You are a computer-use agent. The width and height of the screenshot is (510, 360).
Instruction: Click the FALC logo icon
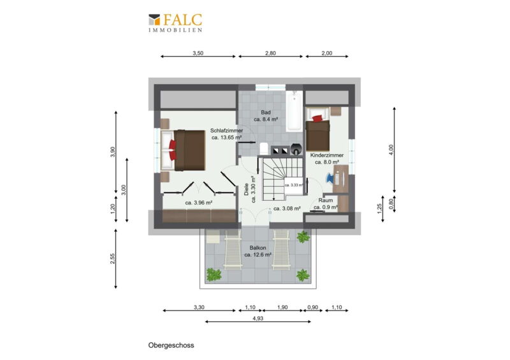[x=154, y=20]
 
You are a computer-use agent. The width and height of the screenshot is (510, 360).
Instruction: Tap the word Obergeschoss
[x=171, y=345]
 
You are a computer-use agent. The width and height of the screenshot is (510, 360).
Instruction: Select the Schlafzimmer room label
[x=226, y=131]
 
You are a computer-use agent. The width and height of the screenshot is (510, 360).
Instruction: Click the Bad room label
[x=266, y=113]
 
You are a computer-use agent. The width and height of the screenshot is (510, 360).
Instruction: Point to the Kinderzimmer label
[x=326, y=155]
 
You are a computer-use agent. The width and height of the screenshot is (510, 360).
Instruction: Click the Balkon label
[x=258, y=248]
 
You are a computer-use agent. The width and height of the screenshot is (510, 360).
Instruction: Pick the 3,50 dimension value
[x=198, y=54]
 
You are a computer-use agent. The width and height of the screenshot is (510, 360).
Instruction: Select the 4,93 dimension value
[x=258, y=319]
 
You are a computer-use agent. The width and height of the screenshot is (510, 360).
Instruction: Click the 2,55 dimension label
[x=113, y=259]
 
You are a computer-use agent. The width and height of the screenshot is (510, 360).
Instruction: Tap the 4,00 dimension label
[x=391, y=150]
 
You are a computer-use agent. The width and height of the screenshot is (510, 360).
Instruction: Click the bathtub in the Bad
[x=295, y=111]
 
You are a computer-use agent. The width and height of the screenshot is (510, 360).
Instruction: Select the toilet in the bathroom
[x=264, y=148]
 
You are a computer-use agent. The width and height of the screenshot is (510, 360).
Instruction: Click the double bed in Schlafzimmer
[x=183, y=150]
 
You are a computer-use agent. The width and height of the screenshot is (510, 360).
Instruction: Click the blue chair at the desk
[x=330, y=178]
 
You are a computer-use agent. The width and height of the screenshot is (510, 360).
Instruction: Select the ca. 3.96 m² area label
[x=199, y=203]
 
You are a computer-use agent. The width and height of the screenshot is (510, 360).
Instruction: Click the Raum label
[x=326, y=200]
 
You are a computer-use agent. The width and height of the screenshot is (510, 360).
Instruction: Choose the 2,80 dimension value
[x=270, y=54]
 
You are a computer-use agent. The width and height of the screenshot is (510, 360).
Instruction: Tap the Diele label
[x=246, y=189]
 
